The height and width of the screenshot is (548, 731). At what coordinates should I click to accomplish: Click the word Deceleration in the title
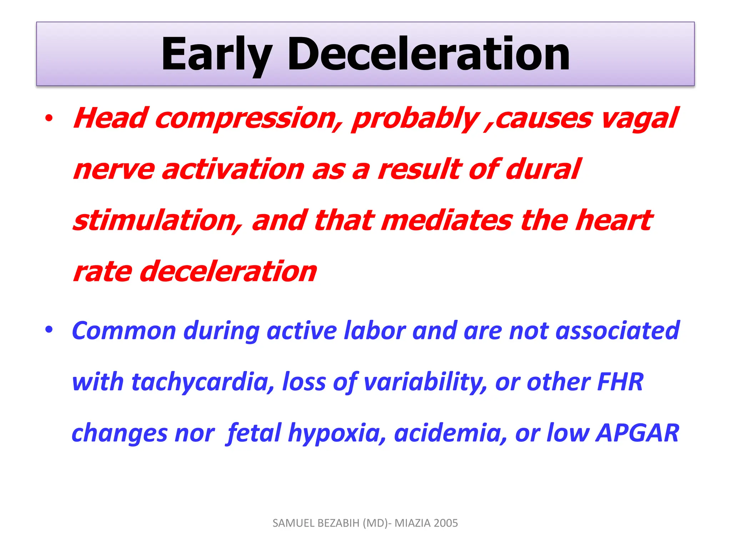point(428,54)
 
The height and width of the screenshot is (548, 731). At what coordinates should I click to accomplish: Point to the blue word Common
point(123,331)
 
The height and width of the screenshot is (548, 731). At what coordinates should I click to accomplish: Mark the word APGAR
point(637,433)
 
